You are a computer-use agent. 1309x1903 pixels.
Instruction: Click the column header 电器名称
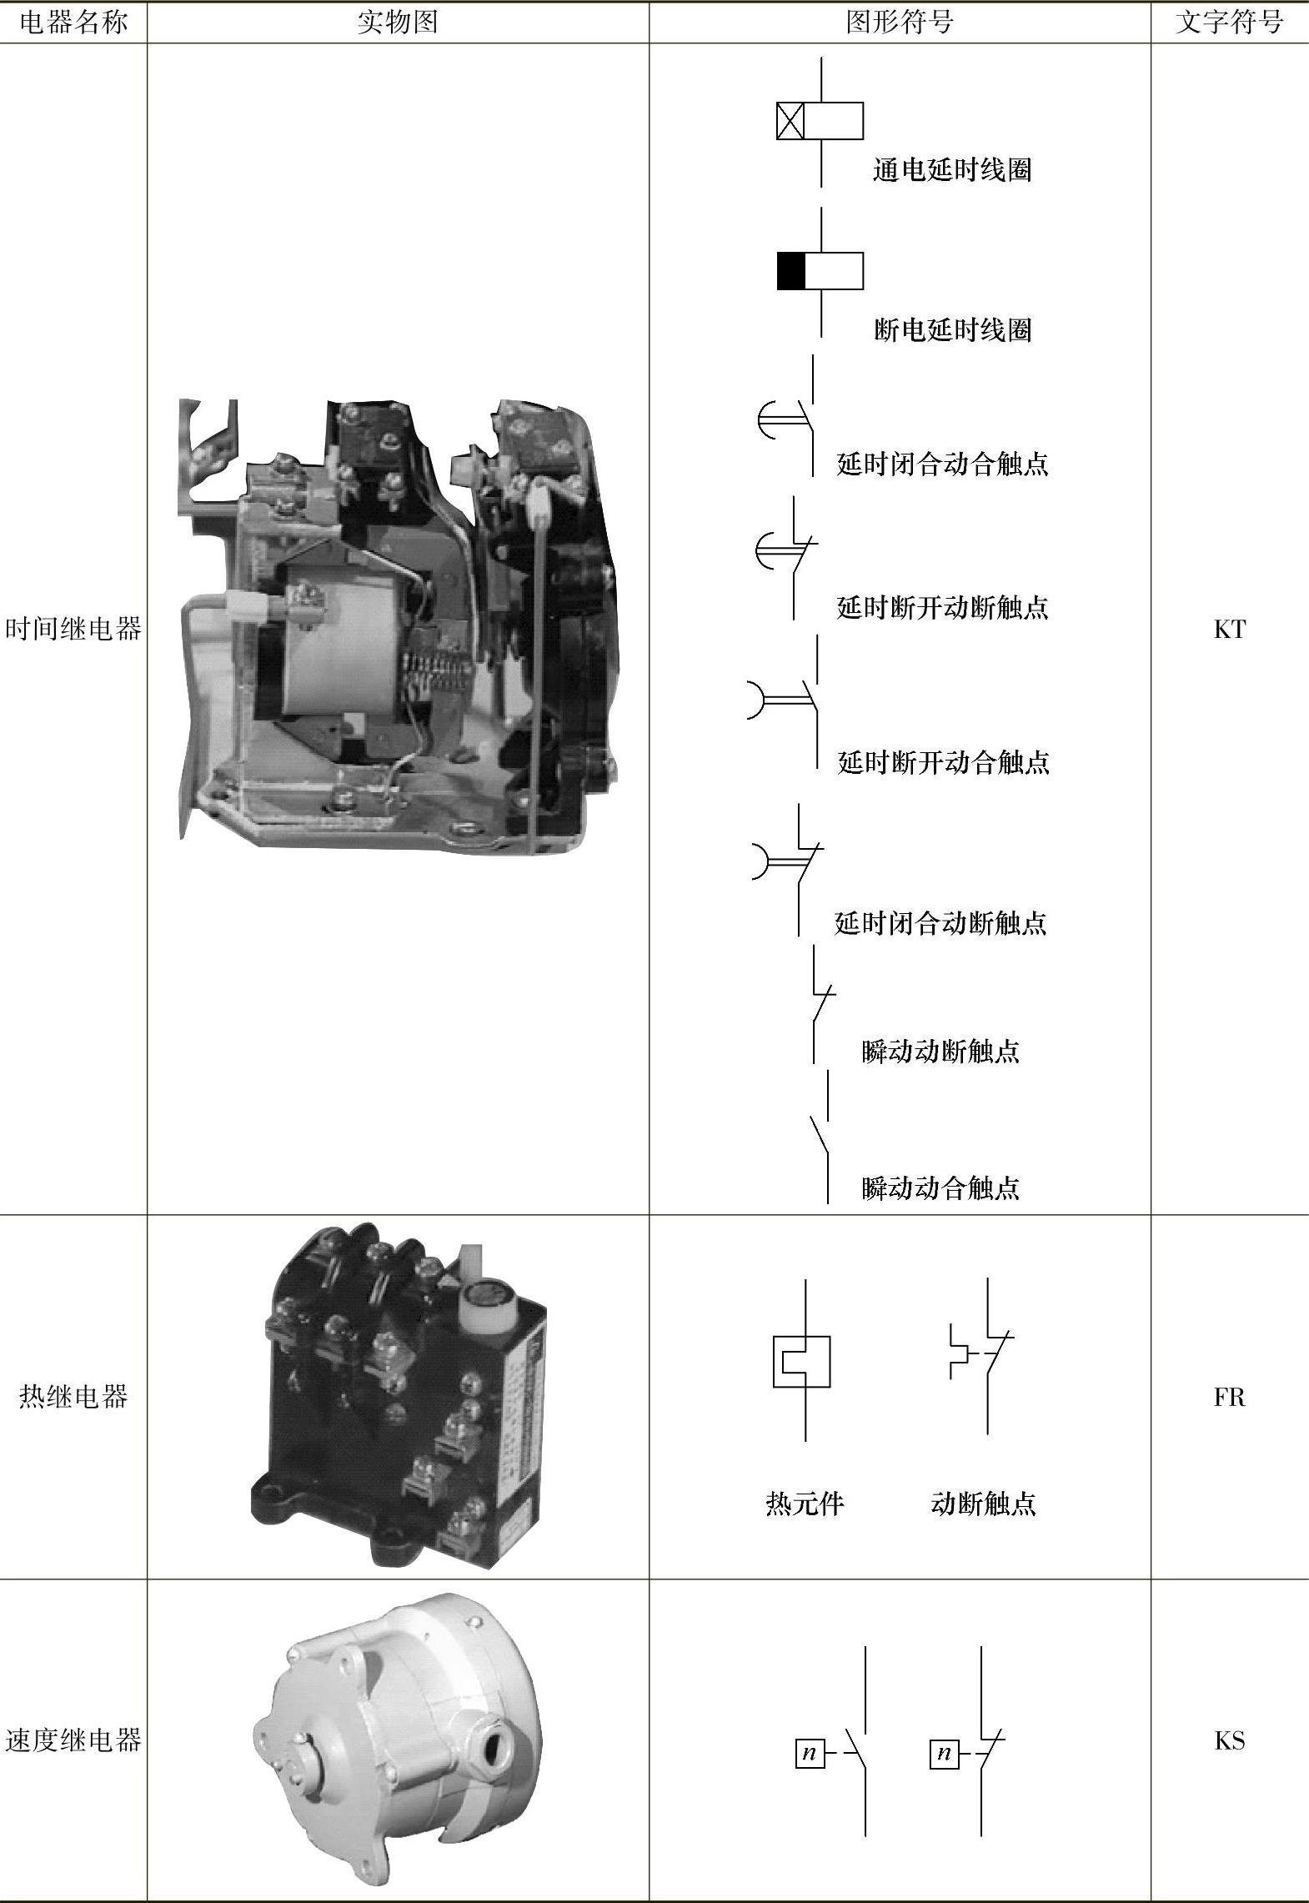(x=73, y=23)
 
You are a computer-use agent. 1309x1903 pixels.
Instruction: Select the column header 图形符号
(x=900, y=23)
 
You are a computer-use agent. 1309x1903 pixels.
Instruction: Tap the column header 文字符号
(x=1229, y=23)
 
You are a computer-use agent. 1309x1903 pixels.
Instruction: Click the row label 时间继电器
(x=73, y=629)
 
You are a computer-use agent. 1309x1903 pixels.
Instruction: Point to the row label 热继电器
(x=73, y=1396)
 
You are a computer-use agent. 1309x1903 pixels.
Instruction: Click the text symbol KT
(x=1230, y=630)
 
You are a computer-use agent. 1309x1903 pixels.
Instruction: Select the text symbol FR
(x=1230, y=1397)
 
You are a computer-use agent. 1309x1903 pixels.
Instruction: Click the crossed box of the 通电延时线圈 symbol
(x=790, y=121)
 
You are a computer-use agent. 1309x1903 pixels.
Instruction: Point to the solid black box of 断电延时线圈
(x=791, y=271)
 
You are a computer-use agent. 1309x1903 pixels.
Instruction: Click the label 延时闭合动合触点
(x=943, y=464)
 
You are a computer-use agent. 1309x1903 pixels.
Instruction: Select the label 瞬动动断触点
(x=940, y=1051)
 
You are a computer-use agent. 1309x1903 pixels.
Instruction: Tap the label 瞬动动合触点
(x=940, y=1187)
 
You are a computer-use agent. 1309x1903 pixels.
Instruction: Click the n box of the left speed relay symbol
(x=809, y=1754)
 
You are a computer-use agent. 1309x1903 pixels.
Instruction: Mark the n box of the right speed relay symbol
(x=944, y=1754)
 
